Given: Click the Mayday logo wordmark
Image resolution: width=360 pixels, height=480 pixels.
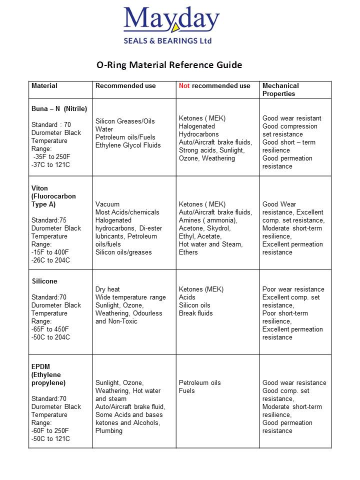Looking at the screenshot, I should [x=171, y=20].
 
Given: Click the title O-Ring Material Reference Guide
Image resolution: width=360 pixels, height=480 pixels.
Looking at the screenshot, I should [x=169, y=65].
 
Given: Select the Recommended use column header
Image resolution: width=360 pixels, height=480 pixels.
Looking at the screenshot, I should [x=125, y=86].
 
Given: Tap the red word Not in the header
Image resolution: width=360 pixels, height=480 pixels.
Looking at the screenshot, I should [x=184, y=86].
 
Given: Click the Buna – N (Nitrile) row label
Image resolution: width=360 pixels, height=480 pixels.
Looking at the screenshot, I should [x=59, y=108].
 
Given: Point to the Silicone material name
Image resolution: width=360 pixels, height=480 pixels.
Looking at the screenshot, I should [x=44, y=281].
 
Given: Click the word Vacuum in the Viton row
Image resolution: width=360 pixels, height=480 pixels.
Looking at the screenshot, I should [x=107, y=204].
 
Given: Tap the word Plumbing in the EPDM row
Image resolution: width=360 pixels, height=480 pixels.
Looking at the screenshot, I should [x=109, y=431].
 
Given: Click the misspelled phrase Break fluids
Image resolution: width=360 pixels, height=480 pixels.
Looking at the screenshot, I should [x=196, y=313].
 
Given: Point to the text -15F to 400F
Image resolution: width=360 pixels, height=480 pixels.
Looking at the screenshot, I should [x=50, y=252].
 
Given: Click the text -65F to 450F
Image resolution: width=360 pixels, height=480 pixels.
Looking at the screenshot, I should [x=50, y=329].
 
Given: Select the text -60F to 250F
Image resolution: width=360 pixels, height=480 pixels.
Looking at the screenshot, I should [x=50, y=431].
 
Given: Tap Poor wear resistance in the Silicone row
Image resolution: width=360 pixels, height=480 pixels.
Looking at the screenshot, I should [x=293, y=289].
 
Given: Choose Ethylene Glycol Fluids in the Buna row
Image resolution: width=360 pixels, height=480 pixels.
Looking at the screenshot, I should [x=128, y=145].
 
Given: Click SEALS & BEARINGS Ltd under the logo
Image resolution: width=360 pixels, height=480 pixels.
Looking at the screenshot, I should [x=167, y=40].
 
